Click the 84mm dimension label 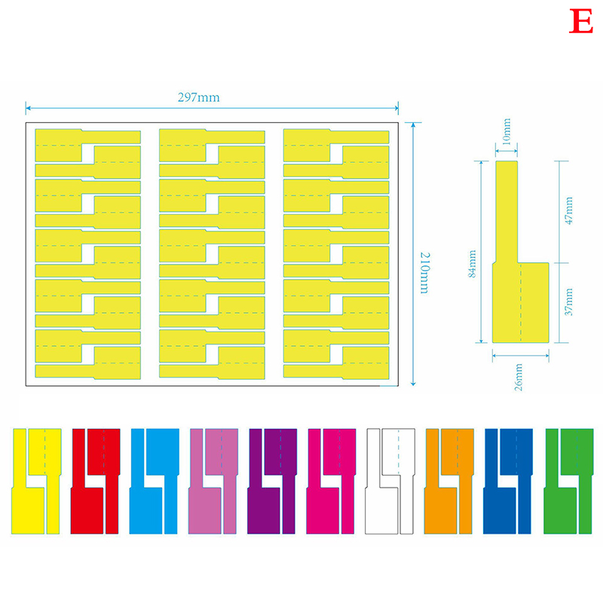click(x=473, y=264)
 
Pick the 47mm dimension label click(x=569, y=210)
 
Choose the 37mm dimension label click(x=569, y=302)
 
